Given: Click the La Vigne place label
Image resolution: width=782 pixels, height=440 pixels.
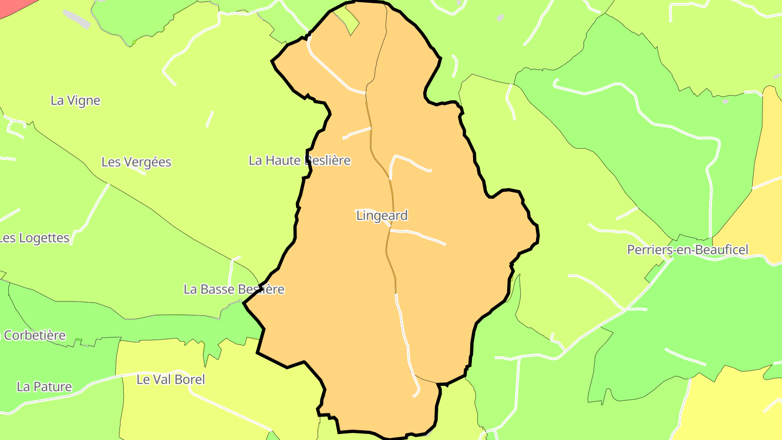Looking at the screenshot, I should tap(75, 100).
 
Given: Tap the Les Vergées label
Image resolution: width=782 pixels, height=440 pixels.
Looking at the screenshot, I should tap(136, 162).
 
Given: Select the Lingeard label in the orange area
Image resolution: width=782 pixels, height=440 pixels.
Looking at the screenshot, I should tap(382, 216).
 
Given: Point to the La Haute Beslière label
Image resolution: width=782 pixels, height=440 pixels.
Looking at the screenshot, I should tap(299, 160).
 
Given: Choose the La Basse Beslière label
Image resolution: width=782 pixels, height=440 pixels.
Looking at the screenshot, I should tap(234, 289).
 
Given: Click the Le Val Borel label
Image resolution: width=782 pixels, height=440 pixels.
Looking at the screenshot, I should tap(171, 380).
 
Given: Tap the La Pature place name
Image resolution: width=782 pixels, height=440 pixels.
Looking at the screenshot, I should tap(44, 387).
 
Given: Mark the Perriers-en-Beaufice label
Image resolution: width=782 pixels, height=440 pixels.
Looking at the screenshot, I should tap(688, 250).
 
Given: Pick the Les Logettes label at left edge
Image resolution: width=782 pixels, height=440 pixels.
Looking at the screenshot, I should tap(35, 238).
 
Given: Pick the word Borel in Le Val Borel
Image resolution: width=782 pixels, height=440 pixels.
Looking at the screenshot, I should tap(190, 380).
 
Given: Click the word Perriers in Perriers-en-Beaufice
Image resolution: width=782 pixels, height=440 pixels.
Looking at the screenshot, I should tap(648, 250).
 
